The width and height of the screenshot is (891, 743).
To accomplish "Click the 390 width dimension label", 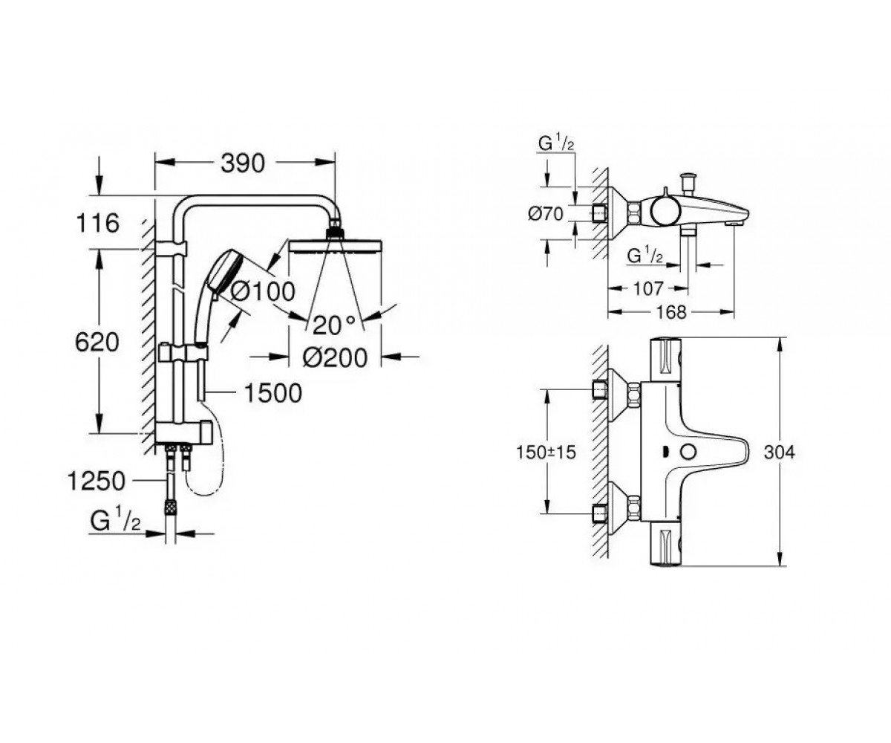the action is pos(243,163).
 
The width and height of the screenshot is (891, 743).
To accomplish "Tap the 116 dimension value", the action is pos(97,224).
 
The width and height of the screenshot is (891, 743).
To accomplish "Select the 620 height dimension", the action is pos(97,343).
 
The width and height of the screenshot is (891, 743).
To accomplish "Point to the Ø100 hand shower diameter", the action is pos(263,292).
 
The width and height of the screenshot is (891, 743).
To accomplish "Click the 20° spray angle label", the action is pos(334,325).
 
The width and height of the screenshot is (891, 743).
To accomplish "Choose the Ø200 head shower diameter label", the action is pos(335,358).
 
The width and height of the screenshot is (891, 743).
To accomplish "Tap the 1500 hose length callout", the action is pos(273,393).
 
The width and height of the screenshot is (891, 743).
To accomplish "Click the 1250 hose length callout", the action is pos(97,481).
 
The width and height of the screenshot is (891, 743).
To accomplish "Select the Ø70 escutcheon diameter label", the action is pos(546,213).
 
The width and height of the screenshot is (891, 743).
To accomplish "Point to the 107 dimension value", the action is pos(648,289).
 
